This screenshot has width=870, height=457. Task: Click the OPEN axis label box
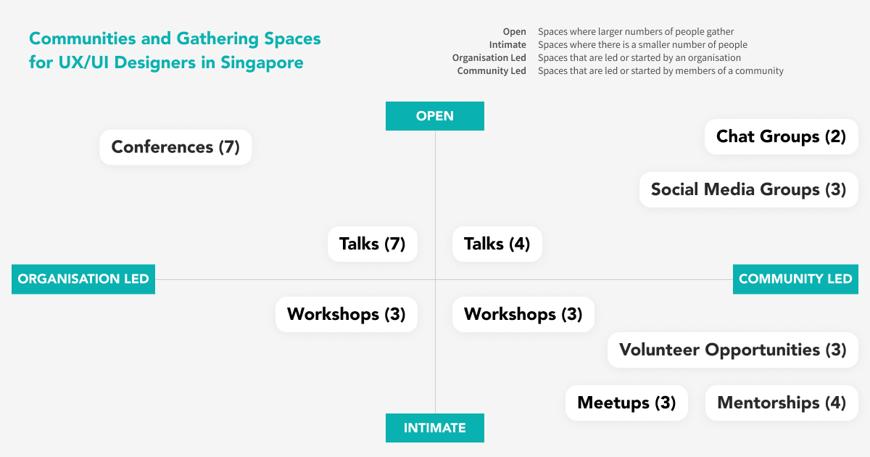[434, 116]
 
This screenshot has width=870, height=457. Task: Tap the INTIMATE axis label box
[434, 428]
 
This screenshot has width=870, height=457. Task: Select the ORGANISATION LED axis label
[83, 279]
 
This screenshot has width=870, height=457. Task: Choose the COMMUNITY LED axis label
[795, 279]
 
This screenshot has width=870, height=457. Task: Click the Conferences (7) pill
[175, 147]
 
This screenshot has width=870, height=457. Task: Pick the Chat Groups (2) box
[781, 136]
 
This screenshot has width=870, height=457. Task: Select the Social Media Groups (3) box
[748, 189]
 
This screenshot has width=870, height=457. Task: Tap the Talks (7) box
[373, 244]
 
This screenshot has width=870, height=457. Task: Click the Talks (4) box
[497, 244]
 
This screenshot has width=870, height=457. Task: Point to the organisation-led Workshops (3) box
[347, 314]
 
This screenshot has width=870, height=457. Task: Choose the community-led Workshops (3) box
[523, 314]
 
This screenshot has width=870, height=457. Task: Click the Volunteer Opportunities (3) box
[732, 350]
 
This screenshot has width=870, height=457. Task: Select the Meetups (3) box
[626, 403]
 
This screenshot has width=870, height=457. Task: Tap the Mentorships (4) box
[782, 403]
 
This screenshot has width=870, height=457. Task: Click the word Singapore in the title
[262, 62]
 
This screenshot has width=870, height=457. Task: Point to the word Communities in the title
[82, 38]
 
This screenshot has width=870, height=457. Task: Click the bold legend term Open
[514, 32]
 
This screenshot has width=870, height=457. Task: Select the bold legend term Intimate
[507, 45]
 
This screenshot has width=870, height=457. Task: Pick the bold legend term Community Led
[492, 71]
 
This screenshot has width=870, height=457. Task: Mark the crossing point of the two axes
[435, 279]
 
